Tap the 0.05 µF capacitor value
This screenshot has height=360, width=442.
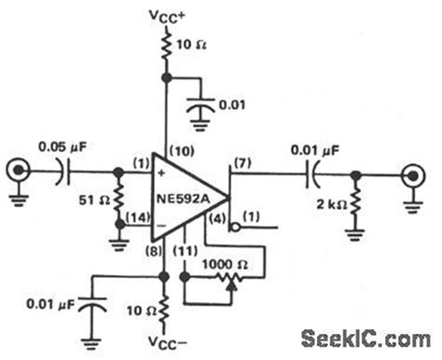63,146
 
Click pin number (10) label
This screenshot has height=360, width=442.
180,152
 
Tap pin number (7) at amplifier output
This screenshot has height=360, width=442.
245,165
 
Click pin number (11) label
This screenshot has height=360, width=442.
186,249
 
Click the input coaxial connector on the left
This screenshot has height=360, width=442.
16,172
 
